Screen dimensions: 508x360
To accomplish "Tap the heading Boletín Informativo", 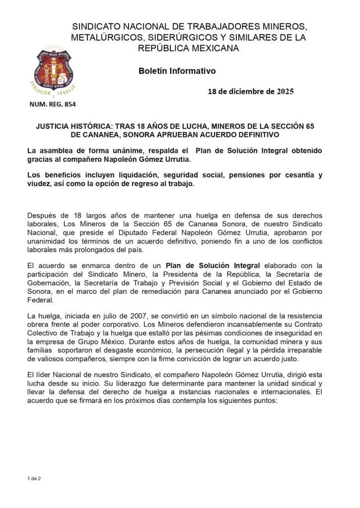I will tap(177, 71).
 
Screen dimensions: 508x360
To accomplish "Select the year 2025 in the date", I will tap(285, 91).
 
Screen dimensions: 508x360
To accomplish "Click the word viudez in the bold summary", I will tap(39, 184).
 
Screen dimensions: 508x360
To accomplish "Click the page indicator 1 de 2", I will tap(34, 478).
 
